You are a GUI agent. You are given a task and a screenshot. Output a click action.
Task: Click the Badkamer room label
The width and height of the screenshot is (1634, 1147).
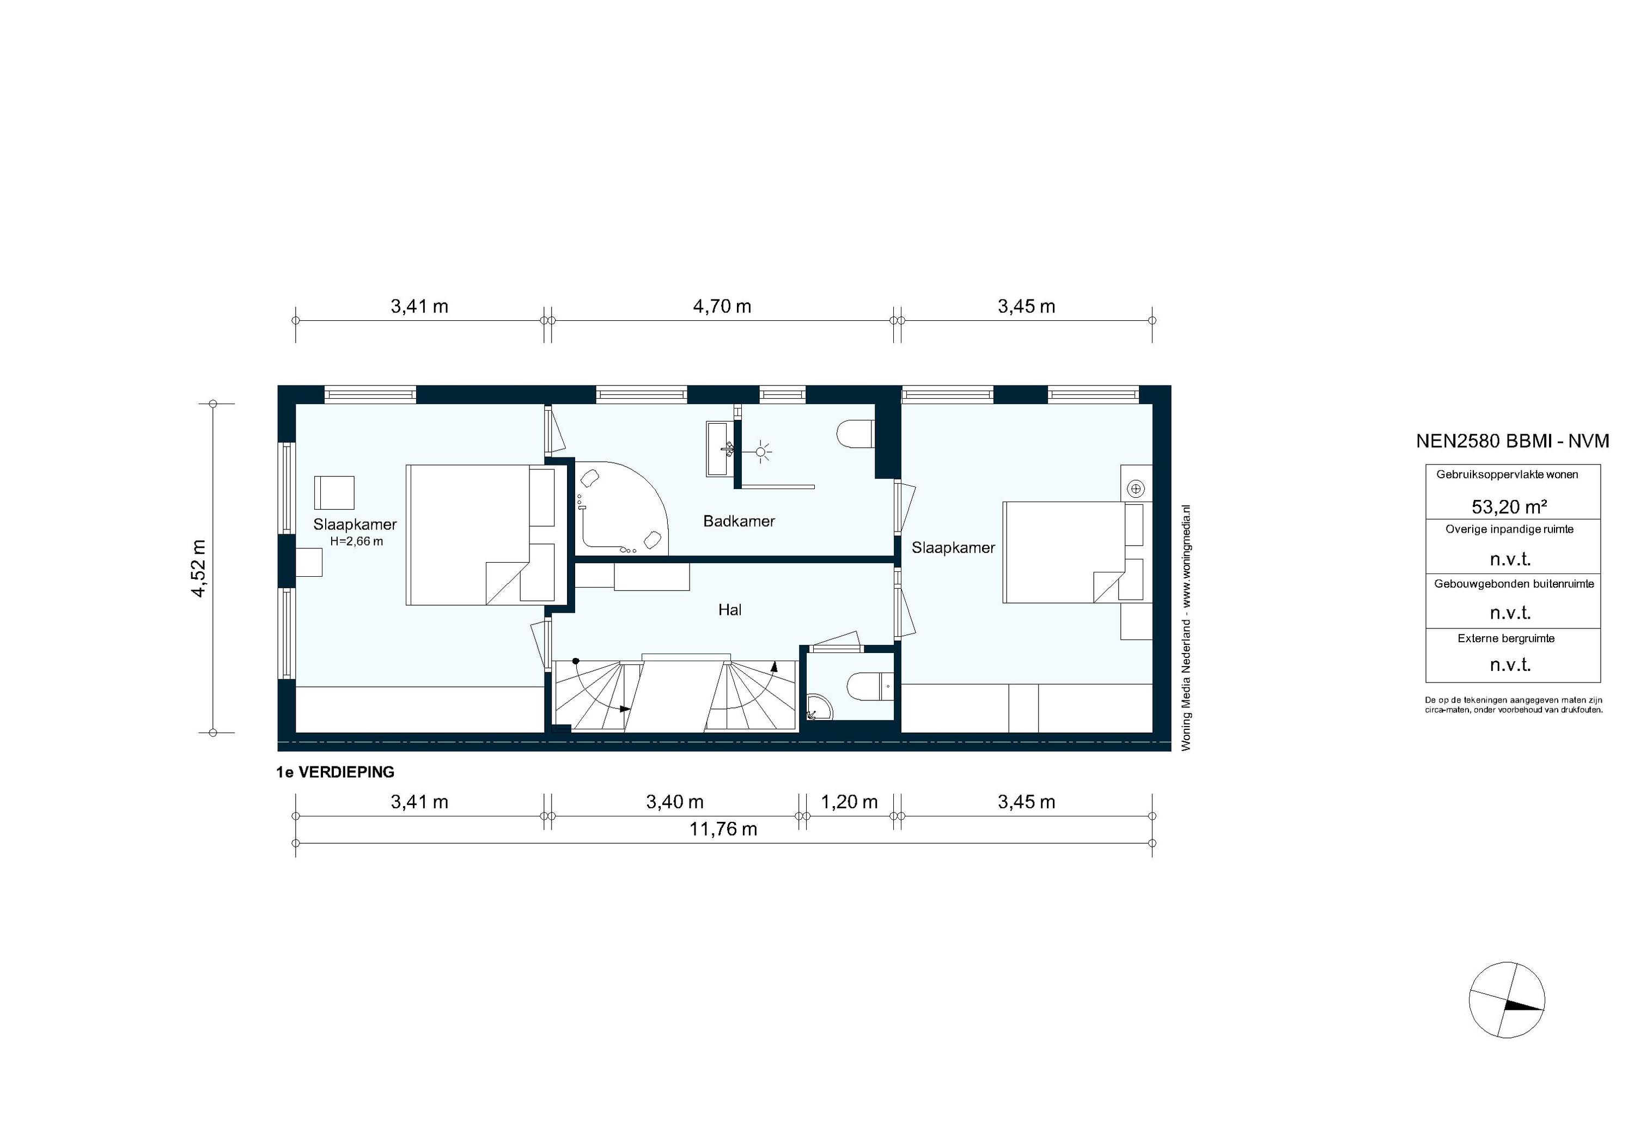pos(739,521)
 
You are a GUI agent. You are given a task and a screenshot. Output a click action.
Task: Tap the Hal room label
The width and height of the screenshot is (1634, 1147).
pos(730,610)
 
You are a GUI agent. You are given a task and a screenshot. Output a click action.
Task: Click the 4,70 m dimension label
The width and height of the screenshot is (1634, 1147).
pos(722,307)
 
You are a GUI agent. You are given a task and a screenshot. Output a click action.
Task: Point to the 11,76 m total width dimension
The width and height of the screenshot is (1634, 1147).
pos(723,829)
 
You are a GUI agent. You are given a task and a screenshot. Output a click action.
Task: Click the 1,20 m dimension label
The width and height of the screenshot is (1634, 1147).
pos(849,802)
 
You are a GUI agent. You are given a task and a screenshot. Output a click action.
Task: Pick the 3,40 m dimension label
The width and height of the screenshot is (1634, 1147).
pos(675,802)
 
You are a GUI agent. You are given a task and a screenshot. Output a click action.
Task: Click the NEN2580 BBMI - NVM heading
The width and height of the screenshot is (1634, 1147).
pos(1513,441)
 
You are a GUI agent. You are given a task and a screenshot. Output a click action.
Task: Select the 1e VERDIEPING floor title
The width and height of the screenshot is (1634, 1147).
pos(335,772)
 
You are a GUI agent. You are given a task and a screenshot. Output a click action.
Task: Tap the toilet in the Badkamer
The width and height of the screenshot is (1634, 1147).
pos(855,435)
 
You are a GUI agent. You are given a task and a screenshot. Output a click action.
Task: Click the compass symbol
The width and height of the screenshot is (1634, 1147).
pos(1507,1000)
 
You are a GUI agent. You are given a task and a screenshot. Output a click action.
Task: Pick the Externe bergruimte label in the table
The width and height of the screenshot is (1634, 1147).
pos(1506,638)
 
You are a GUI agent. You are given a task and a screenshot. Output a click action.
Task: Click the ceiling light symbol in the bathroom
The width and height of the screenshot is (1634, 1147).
pos(762,451)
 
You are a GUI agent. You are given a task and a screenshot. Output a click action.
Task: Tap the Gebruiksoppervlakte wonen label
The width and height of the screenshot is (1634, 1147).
pos(1507,474)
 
